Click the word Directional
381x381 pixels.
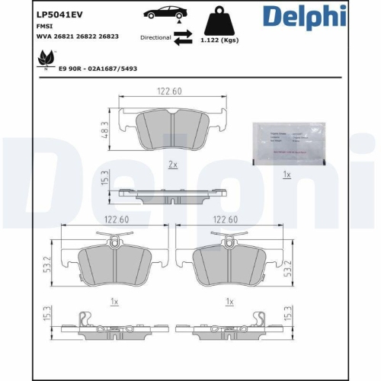tap(155, 37)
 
